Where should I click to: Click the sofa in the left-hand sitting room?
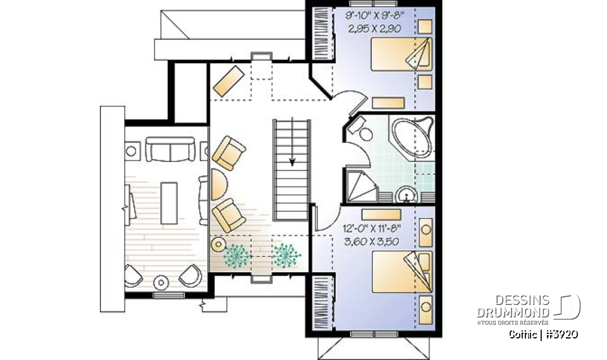[169, 150]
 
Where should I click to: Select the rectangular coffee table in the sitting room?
[169, 202]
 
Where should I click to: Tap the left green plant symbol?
[238, 254]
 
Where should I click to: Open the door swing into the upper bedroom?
[350, 103]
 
